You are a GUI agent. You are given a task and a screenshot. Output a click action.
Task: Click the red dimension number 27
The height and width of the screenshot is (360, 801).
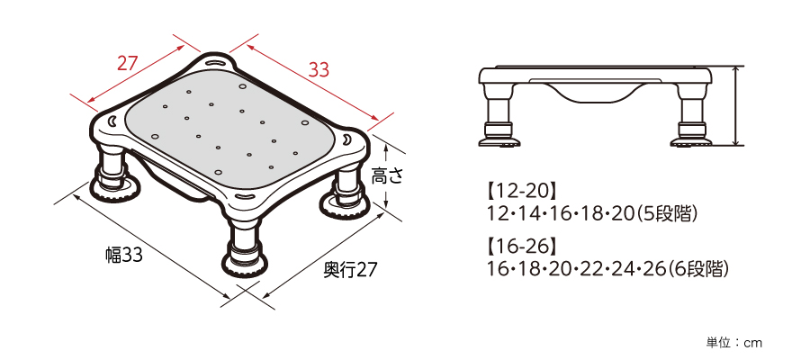(128, 63)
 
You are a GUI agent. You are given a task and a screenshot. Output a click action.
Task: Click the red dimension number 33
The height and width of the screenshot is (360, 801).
(319, 69)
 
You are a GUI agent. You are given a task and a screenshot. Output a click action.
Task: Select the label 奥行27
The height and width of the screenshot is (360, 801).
(349, 270)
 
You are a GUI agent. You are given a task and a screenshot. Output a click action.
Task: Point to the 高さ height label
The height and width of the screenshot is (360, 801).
(387, 176)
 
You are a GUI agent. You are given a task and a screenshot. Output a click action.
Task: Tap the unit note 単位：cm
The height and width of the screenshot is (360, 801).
(733, 343)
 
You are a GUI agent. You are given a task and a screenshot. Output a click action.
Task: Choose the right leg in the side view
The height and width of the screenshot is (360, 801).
(691, 121)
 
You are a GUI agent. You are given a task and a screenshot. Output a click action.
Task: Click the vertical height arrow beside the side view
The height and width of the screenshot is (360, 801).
(737, 106)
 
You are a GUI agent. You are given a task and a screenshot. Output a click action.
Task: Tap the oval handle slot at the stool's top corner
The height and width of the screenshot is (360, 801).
(217, 62)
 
